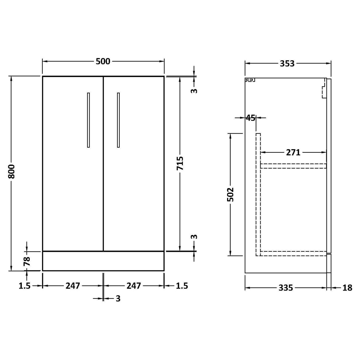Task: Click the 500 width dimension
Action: tap(103, 61)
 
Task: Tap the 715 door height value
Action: tap(180, 164)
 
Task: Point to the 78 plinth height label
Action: tap(26, 261)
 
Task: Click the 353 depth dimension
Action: tap(287, 63)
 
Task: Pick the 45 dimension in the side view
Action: tap(250, 118)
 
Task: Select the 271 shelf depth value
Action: tap(293, 152)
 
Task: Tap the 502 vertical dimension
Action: tap(230, 194)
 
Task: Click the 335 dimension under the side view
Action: tap(286, 288)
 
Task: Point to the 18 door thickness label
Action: tap(347, 288)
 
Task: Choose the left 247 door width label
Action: tap(73, 285)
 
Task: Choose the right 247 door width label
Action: tap(134, 285)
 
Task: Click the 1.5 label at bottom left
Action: tap(25, 286)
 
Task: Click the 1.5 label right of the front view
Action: tap(181, 286)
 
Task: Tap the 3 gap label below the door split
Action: tap(118, 299)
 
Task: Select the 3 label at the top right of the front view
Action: tap(194, 90)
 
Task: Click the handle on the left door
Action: tap(88, 120)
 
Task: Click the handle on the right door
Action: tap(118, 120)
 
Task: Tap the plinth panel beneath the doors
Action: tap(103, 261)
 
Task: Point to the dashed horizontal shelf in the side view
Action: tap(294, 166)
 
